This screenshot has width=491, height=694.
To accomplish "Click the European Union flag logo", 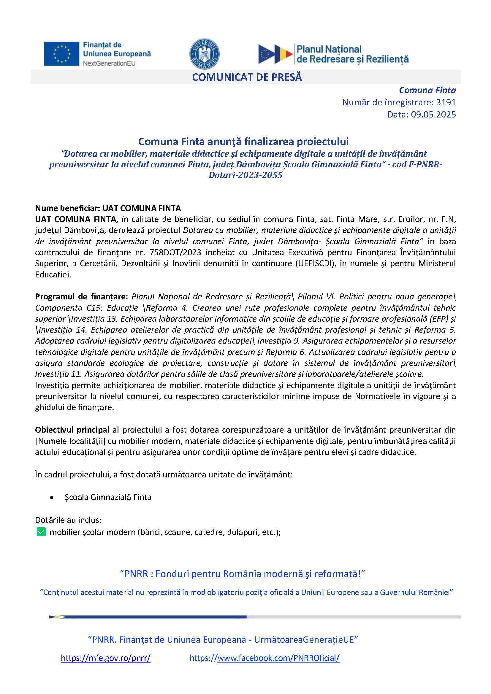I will (61, 54).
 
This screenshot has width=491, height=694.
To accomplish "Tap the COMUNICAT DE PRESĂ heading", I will (247, 77).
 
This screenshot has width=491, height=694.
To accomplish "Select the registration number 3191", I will (446, 102).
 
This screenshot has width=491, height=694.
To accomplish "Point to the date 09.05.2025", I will (433, 115).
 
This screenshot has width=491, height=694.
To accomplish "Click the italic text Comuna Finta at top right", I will (427, 90).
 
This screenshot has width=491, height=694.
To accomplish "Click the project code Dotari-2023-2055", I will (245, 175).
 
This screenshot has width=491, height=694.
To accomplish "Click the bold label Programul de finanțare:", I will (82, 296).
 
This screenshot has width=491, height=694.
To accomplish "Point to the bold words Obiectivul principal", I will (72, 430).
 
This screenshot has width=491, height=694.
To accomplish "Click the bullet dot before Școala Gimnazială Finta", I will (52, 498).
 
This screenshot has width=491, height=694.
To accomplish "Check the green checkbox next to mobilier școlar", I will (41, 532).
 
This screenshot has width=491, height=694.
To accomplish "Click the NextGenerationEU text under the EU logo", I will (109, 63).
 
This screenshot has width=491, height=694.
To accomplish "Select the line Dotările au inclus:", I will (68, 520).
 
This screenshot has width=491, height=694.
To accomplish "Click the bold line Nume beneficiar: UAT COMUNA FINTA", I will (108, 208).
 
